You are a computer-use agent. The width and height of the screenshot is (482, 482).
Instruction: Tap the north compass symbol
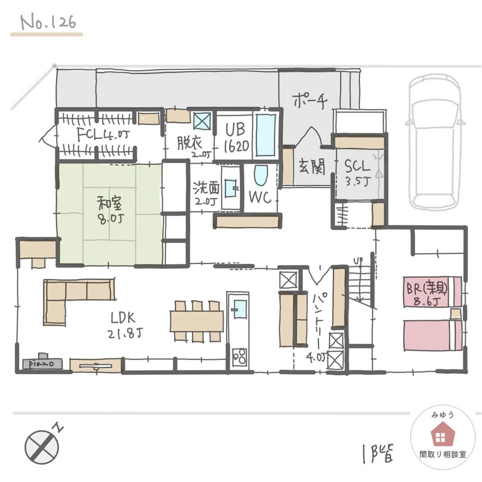click(x=42, y=447)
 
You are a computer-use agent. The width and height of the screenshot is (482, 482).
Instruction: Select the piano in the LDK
click(x=43, y=362)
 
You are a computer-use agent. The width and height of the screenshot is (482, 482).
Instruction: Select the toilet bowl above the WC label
click(x=260, y=175)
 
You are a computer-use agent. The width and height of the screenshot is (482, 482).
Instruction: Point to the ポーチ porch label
click(x=311, y=100)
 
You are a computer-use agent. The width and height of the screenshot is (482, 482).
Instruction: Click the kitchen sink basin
click(x=240, y=309)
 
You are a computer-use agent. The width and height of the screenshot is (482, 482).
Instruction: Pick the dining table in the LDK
click(x=196, y=321)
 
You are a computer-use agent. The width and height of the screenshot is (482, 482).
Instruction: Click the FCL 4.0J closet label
click(x=103, y=134)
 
